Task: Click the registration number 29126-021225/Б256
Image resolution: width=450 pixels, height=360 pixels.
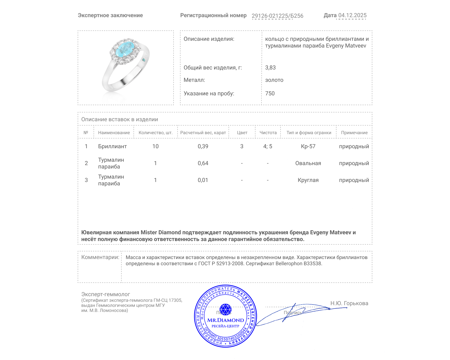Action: pos(277,16)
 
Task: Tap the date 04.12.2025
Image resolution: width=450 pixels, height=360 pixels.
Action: pos(352,15)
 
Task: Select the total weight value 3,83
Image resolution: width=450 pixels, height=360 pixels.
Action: pos(270,67)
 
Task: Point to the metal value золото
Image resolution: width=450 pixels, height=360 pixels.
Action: pos(274,80)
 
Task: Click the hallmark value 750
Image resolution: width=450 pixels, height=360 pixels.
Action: pos(270,93)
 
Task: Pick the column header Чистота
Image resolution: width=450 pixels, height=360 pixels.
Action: pos(268,132)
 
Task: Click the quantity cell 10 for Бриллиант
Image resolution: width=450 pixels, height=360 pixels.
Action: pos(155,146)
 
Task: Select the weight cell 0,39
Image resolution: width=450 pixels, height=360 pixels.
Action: pos(203,146)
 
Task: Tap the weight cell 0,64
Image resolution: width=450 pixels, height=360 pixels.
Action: pos(203,163)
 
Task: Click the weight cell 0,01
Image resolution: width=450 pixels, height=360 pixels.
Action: pos(203,180)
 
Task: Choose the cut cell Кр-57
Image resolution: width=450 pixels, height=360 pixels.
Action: pos(308,146)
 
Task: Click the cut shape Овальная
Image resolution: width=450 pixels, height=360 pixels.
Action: pos(308,163)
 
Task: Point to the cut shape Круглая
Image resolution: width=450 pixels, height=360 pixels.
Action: pos(308,180)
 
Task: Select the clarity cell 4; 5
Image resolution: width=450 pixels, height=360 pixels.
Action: pos(267,146)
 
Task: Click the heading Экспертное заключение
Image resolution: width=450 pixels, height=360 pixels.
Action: pos(110,15)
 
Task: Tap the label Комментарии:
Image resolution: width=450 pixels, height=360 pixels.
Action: pos(100,257)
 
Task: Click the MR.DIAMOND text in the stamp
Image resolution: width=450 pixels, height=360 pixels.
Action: pos(226,320)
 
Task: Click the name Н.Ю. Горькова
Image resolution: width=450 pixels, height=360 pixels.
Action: pos(349,303)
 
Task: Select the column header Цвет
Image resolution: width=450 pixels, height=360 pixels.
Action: pos(242,132)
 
